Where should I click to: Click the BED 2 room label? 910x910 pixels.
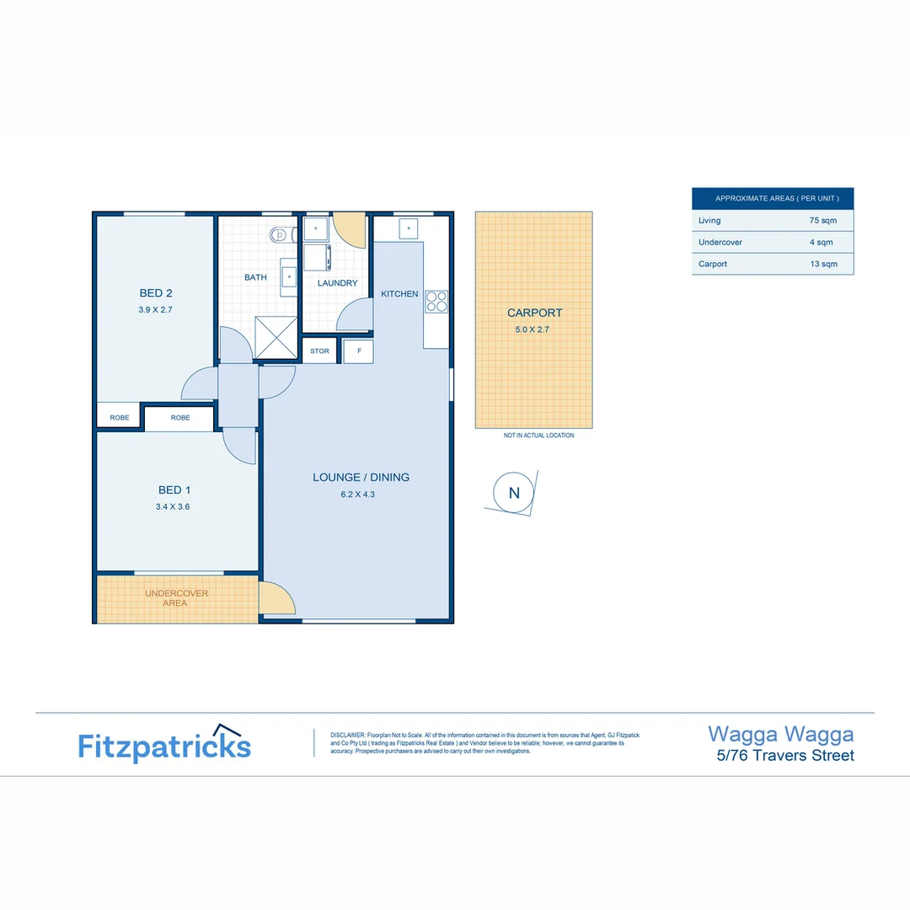156,293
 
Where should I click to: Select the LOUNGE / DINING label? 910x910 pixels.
361,477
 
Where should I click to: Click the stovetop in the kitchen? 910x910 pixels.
436,301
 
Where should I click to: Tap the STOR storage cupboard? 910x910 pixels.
320,351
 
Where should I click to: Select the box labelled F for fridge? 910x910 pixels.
359,351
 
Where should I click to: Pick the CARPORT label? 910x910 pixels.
534,313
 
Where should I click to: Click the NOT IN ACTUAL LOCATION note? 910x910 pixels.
538,436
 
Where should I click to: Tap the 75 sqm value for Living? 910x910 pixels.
821,221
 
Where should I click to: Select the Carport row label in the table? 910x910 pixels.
713,264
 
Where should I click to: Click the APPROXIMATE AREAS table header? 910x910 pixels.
772,199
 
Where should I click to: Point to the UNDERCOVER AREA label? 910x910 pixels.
176,598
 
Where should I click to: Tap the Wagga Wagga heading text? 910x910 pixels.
780,734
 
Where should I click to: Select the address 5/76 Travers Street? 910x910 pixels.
784,755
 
